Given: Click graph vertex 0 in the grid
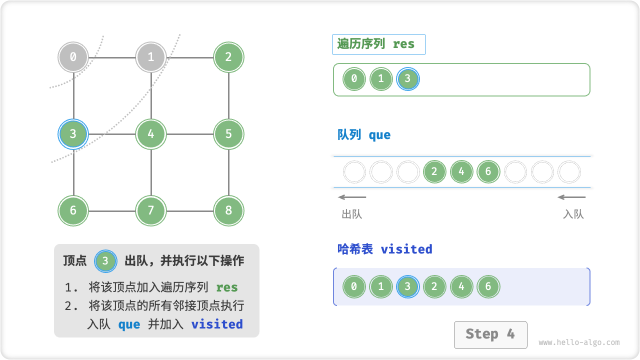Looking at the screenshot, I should (x=73, y=57).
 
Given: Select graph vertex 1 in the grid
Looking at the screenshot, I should (x=150, y=57).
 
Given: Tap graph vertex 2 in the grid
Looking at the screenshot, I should (x=228, y=57).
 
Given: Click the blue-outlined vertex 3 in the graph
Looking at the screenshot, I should (x=73, y=134).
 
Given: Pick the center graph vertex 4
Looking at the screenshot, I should (x=150, y=134).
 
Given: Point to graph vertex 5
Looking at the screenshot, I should (x=228, y=134).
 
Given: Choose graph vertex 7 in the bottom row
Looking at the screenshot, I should (x=150, y=210).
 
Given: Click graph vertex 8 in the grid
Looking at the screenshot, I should (x=228, y=210).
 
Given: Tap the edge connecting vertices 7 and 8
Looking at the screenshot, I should (x=189, y=210).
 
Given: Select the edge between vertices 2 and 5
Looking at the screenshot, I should (x=228, y=95).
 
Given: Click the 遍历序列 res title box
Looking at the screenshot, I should (x=378, y=44).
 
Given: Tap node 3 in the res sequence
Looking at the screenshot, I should (x=407, y=79).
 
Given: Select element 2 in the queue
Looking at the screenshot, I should (x=434, y=172).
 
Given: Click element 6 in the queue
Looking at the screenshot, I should (x=488, y=172).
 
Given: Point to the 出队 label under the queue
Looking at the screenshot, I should (x=351, y=214).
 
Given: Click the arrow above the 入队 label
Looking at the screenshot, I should (x=571, y=197).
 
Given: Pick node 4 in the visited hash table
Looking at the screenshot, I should (x=461, y=287).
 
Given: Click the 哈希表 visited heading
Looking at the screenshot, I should (x=384, y=249).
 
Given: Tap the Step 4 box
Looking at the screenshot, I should (x=490, y=334).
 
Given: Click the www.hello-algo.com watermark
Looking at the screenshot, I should (x=579, y=342).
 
